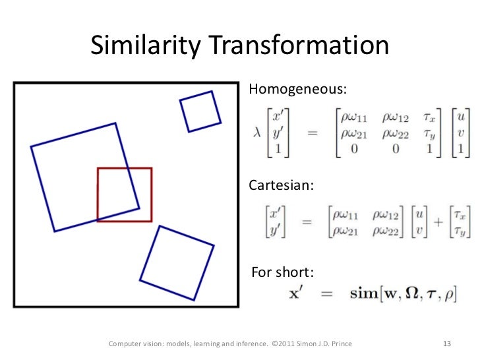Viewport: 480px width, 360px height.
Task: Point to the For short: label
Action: [284, 272]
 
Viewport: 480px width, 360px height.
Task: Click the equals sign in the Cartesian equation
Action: [306, 222]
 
